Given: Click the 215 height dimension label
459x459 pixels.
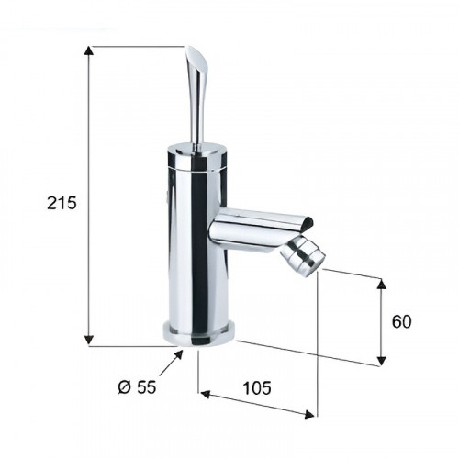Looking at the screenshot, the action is click(x=62, y=203).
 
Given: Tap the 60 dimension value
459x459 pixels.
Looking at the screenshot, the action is click(x=402, y=321).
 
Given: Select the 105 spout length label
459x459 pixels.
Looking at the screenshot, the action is click(x=257, y=388).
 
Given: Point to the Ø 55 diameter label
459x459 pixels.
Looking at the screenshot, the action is click(x=137, y=387).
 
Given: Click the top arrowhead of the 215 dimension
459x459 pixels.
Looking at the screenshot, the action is click(x=89, y=50).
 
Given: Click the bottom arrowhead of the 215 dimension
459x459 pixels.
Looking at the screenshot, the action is click(x=89, y=341).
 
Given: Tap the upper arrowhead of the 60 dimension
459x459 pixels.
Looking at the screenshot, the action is click(x=381, y=284).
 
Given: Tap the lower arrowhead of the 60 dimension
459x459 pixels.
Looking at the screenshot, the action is click(x=381, y=361).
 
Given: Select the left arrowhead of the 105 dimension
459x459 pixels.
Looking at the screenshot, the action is click(x=205, y=395).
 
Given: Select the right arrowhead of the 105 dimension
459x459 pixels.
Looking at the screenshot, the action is click(x=309, y=414).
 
